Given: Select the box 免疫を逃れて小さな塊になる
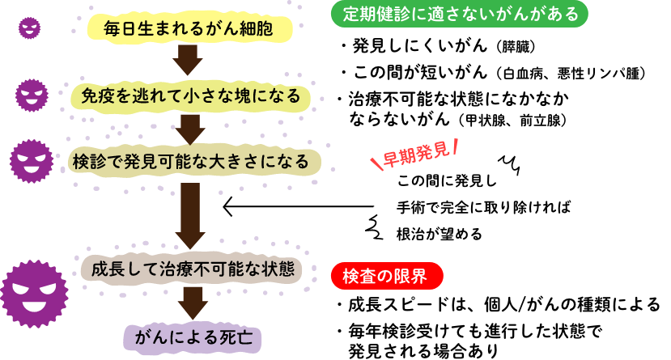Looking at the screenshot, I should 190,96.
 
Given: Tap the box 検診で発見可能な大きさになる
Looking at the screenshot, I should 191,161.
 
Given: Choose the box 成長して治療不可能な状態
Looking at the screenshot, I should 192,269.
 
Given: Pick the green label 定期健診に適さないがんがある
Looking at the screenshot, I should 460,14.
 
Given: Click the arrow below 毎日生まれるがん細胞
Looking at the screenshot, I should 188,60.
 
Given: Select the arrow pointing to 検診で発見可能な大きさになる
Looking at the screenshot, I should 190,128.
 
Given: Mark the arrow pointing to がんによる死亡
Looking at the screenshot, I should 193,303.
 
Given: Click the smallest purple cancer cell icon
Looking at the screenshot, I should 30,28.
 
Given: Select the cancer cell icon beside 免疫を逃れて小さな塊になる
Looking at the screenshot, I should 32,95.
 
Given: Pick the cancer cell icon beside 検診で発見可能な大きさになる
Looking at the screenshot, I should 32,161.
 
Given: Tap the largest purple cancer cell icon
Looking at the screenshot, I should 33,293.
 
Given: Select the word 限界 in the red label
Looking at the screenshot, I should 409,276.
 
